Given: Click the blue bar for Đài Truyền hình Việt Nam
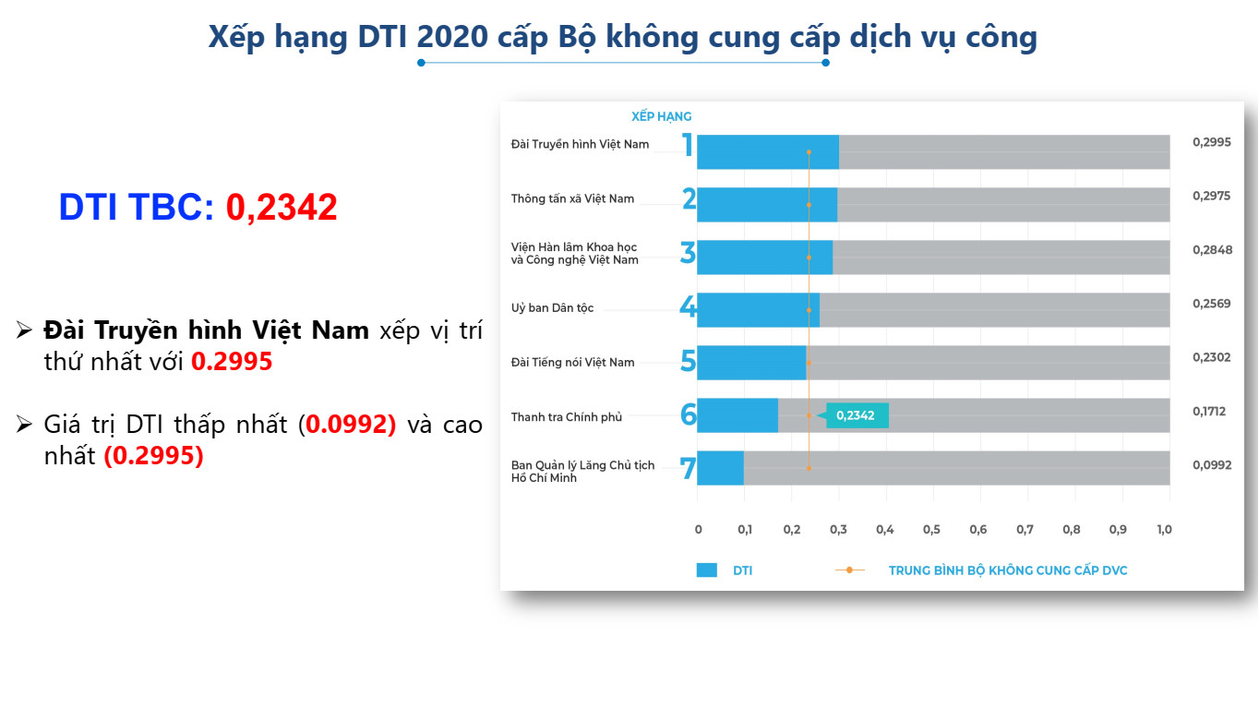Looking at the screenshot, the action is tap(768, 151).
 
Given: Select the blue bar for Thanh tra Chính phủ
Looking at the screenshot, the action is tap(737, 415).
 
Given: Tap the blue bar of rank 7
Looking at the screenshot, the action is tap(720, 468).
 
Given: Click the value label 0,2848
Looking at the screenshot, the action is tap(1212, 250).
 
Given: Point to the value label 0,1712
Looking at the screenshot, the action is tap(1209, 412).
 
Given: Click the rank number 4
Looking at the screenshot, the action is tap(688, 306).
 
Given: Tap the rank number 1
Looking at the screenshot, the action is tap(688, 144).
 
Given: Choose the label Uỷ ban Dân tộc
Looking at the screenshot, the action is tap(552, 308).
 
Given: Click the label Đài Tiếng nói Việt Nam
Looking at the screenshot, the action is tap(572, 363).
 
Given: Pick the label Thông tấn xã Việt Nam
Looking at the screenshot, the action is tap(572, 198).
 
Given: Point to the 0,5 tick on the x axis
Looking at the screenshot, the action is tap(931, 529).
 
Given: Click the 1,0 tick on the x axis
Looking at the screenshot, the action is tap(1164, 529).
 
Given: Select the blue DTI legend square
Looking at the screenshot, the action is tap(706, 570).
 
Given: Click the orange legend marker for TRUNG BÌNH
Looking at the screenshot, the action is tap(849, 570).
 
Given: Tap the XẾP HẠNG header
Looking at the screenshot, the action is tap(661, 116).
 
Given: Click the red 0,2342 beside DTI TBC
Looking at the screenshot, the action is tap(282, 208).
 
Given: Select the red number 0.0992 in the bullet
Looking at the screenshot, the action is tap(351, 425).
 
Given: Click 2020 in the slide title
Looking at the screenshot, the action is tap(452, 37).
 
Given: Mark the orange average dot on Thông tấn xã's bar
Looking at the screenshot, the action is tap(809, 205).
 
